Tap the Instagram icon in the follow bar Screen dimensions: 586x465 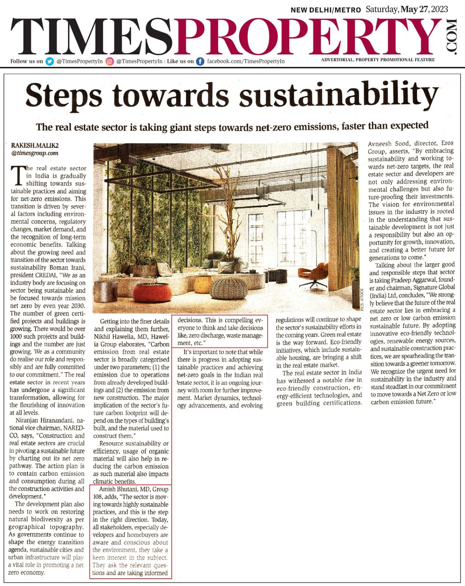tap(109, 62)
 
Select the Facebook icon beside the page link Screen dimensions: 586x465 tap(200, 62)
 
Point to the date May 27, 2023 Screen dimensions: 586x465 tap(424, 10)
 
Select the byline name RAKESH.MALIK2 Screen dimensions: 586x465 tap(35, 146)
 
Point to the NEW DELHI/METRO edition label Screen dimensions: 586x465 tap(325, 10)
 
